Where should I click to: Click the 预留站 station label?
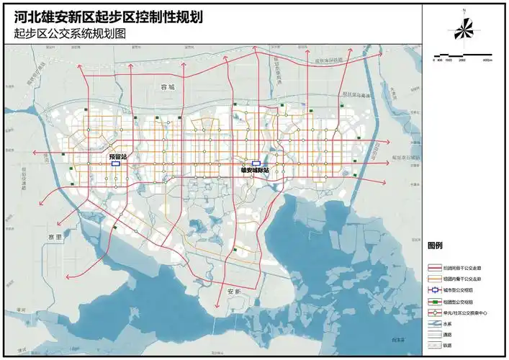tap(117, 156)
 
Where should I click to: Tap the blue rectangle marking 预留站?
tap(116, 163)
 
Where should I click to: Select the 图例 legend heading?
tap(434, 246)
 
